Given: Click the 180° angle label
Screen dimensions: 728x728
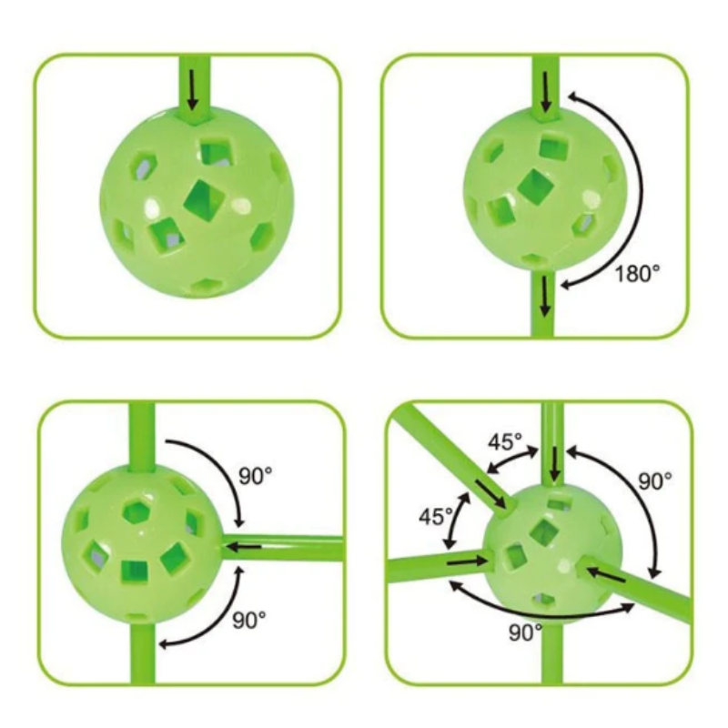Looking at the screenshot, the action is pyautogui.click(x=636, y=274).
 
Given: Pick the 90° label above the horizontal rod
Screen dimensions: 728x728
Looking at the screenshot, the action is pyautogui.click(x=256, y=475).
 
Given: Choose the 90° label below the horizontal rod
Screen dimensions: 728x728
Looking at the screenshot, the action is pyautogui.click(x=249, y=621).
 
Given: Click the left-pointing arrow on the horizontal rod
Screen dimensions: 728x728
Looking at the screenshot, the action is pyautogui.click(x=243, y=547).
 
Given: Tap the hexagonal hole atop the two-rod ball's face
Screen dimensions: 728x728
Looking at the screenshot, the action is pyautogui.click(x=136, y=511).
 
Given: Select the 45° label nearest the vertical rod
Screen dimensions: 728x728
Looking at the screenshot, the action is pyautogui.click(x=505, y=441).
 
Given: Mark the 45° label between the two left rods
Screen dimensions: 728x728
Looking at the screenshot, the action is pyautogui.click(x=436, y=516).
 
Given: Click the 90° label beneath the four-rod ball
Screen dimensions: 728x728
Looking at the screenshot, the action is pyautogui.click(x=526, y=632).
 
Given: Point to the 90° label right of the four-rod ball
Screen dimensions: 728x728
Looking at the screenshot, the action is pyautogui.click(x=654, y=481).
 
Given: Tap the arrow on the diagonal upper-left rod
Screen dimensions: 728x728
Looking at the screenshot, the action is pyautogui.click(x=490, y=494).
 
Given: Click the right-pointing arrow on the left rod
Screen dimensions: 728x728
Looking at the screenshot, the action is pyautogui.click(x=467, y=562).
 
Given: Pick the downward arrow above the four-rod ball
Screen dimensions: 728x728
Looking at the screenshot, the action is pyautogui.click(x=554, y=465).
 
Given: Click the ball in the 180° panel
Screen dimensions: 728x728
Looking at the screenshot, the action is pyautogui.click(x=545, y=189).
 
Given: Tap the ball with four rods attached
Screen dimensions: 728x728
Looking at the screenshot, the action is pyautogui.click(x=552, y=552).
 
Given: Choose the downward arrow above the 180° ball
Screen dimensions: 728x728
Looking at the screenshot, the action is pyautogui.click(x=546, y=92).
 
